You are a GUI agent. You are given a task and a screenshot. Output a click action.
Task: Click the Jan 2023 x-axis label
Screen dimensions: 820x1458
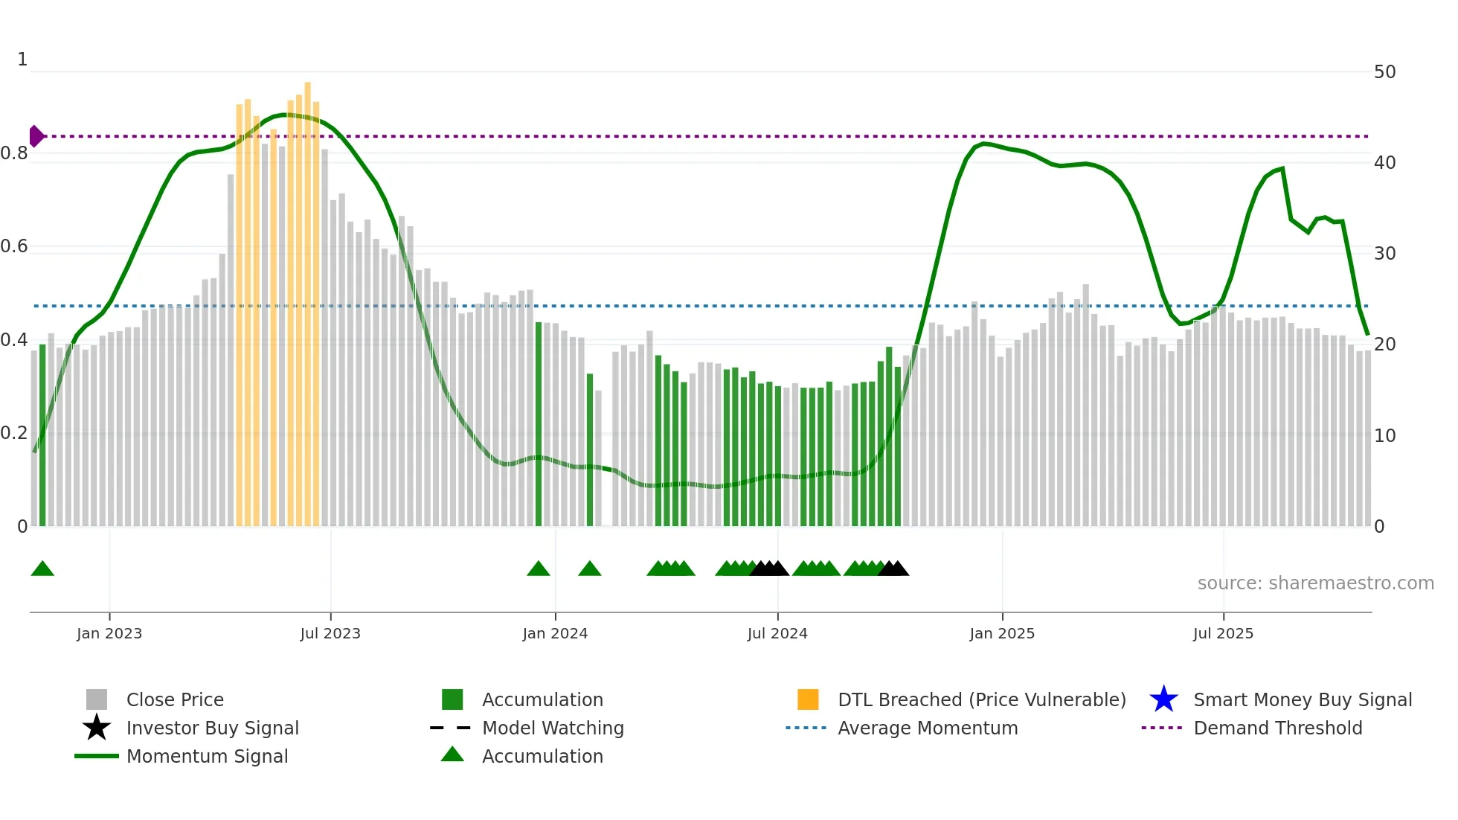tap(109, 633)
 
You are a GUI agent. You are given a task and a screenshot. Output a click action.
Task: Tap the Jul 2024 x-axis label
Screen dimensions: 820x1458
tap(777, 633)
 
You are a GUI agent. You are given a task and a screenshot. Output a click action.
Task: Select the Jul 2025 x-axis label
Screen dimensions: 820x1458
tap(1223, 633)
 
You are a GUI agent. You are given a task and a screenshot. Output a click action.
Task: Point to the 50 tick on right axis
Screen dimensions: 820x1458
tap(1384, 72)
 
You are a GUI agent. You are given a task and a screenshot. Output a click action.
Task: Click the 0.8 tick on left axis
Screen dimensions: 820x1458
tap(14, 153)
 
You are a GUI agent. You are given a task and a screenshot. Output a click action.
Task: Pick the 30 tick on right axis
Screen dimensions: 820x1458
tap(1384, 254)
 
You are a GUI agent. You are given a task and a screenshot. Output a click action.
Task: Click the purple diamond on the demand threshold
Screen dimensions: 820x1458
tap(36, 136)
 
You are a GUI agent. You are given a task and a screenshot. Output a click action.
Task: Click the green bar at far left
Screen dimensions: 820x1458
tap(42, 435)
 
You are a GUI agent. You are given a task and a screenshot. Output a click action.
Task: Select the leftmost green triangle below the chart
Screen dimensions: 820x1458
tap(42, 569)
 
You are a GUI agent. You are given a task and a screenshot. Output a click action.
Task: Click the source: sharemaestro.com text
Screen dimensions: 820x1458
tap(1315, 583)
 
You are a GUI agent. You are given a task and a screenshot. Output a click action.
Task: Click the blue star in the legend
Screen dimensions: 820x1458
tap(1163, 699)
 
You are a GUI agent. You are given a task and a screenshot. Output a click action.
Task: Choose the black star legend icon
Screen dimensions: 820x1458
tap(97, 728)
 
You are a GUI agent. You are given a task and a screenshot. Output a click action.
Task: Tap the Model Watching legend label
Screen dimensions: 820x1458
tap(553, 728)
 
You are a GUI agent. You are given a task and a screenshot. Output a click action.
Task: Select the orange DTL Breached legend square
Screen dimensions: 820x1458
tap(808, 699)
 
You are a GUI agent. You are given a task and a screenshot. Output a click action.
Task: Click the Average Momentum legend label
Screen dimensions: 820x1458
tap(928, 728)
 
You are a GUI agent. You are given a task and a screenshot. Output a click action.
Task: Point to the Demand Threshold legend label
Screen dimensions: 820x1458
tap(1277, 728)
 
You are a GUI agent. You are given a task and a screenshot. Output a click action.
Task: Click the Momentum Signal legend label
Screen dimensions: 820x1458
tap(207, 756)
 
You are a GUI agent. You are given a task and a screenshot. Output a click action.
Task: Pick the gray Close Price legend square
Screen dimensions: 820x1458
tap(97, 699)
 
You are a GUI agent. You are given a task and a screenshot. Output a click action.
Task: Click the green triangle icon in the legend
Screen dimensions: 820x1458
tap(452, 755)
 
